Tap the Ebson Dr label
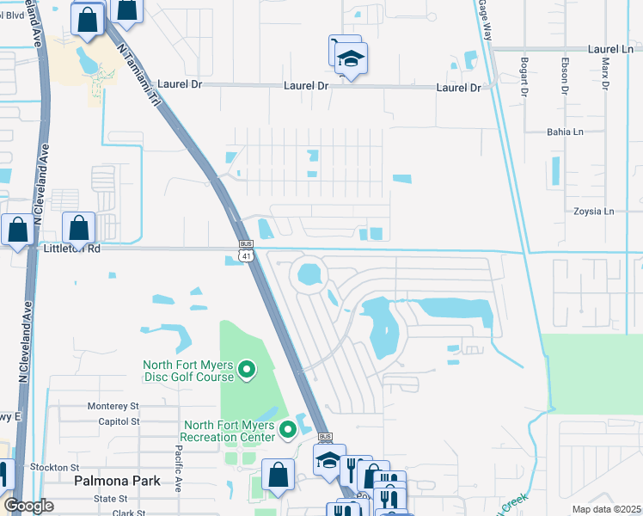click(565, 75)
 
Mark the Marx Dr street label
click(604, 74)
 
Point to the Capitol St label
click(118, 421)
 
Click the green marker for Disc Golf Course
click(247, 371)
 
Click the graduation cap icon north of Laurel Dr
click(351, 59)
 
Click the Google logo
click(28, 507)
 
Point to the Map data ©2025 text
click(606, 509)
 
